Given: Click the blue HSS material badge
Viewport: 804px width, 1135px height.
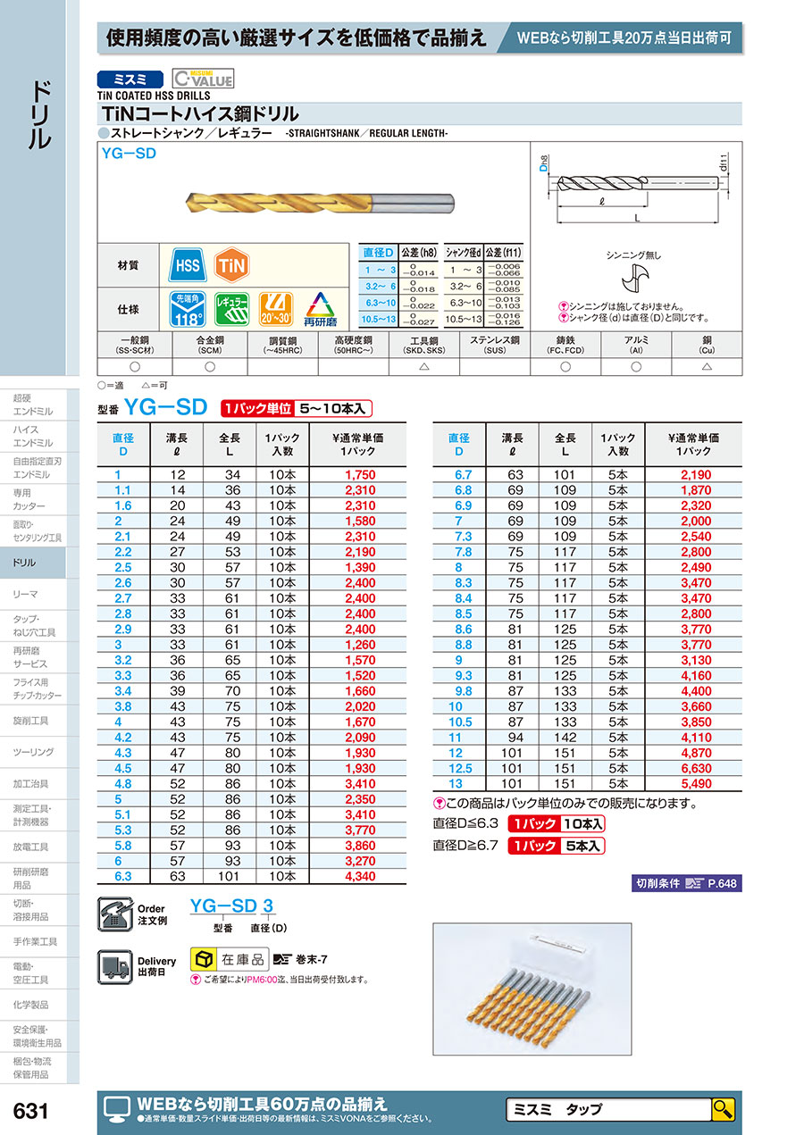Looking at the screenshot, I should coord(187,265).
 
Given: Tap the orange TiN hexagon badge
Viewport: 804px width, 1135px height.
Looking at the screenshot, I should coord(231,265).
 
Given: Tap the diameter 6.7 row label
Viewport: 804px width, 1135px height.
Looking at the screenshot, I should coord(458,475).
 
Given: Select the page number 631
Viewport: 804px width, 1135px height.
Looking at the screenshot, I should coord(31,1112).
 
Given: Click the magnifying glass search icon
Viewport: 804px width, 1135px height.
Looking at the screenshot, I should coord(723,1110).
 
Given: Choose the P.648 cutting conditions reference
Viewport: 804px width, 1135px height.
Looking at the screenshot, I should coord(724,884).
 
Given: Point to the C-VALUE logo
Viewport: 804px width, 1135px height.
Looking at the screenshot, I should coord(203,79).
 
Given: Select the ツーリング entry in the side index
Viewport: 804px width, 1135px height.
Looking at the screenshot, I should coord(34,753).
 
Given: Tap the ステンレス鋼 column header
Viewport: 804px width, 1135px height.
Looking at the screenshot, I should coord(495,346).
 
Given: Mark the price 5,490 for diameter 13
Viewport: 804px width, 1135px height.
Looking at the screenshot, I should coord(695,783).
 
